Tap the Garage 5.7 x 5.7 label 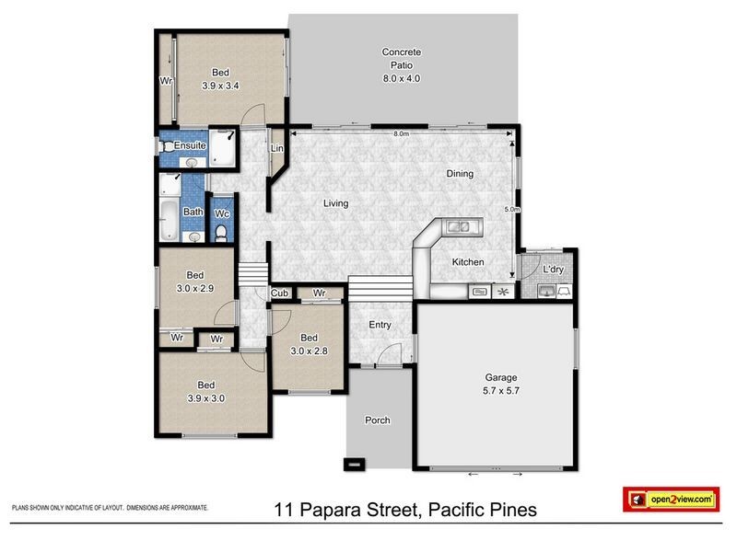pyautogui.click(x=501, y=384)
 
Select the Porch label pyautogui.click(x=378, y=420)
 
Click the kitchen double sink pyautogui.click(x=458, y=227)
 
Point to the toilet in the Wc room pyautogui.click(x=221, y=234)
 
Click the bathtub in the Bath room pyautogui.click(x=168, y=220)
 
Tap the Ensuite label pyautogui.click(x=190, y=145)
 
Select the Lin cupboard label pyautogui.click(x=277, y=148)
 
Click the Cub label pyautogui.click(x=279, y=293)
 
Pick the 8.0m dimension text pyautogui.click(x=401, y=133)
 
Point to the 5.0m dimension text pyautogui.click(x=512, y=210)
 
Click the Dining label pyautogui.click(x=460, y=174)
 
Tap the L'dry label pyautogui.click(x=553, y=270)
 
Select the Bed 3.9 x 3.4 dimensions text pyautogui.click(x=220, y=86)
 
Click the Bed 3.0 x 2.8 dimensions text pyautogui.click(x=309, y=351)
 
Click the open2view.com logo pyautogui.click(x=672, y=500)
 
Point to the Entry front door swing pyautogui.click(x=390, y=354)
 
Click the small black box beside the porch pyautogui.click(x=355, y=465)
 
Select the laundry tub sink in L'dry pyautogui.click(x=546, y=292)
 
